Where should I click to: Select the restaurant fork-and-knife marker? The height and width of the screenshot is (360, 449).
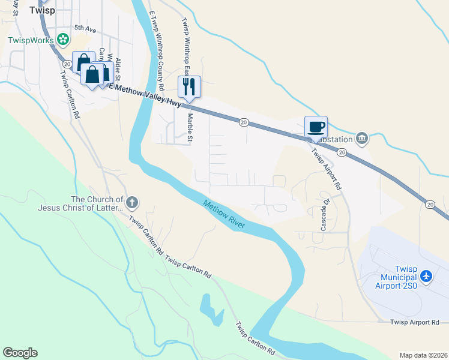[189, 86]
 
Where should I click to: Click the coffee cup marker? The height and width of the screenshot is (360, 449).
[316, 127]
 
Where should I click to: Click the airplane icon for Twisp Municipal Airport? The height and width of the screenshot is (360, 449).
[427, 277]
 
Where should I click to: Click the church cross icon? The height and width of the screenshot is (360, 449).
[132, 202]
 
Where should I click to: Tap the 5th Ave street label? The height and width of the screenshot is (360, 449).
[85, 28]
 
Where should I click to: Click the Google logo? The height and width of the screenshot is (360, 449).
[20, 353]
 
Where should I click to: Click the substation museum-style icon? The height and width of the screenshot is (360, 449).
[361, 139]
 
